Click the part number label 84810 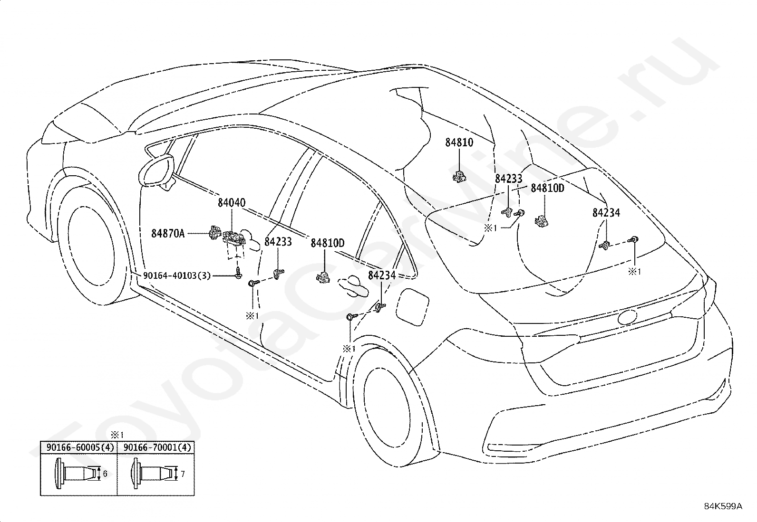(459, 142)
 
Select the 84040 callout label (232, 203)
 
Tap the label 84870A (168, 233)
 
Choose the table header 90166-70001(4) (157, 447)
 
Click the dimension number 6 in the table (105, 474)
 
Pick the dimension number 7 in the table (183, 474)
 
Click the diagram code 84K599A (723, 506)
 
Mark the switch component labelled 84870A (214, 233)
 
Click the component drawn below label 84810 (458, 176)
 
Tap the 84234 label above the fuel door (382, 275)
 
